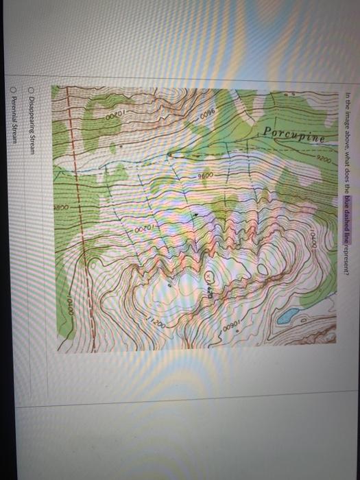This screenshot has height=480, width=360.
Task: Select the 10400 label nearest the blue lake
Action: (x=312, y=243)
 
